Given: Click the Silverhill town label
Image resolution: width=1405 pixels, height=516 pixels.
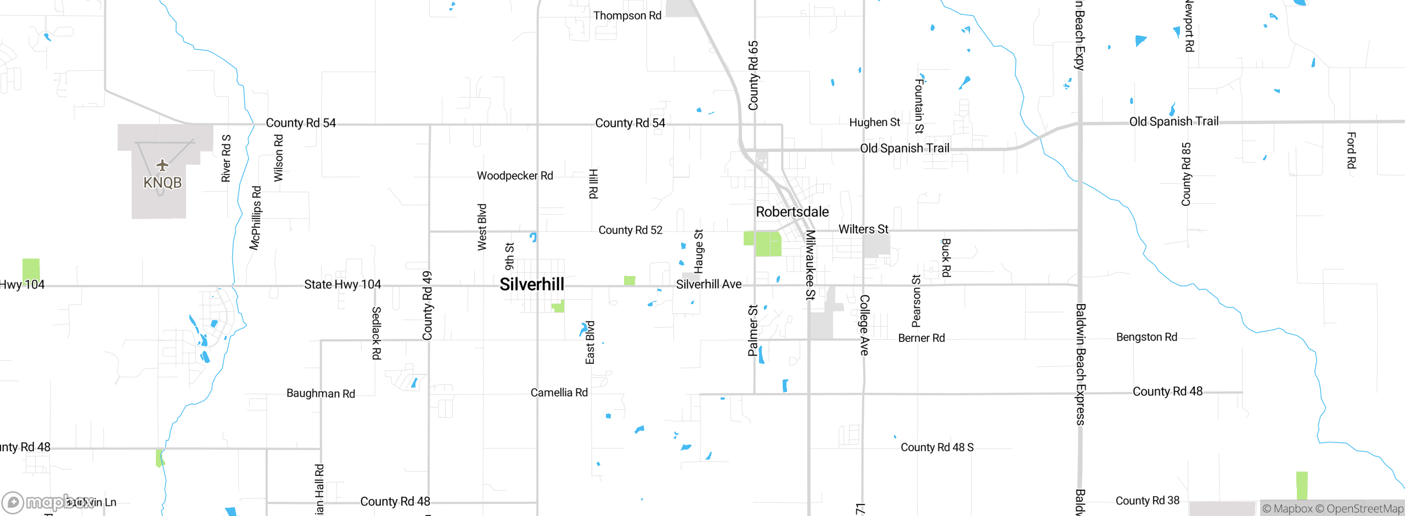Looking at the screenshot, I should tap(532, 284).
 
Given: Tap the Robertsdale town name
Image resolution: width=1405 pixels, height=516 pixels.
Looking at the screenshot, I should tap(792, 212).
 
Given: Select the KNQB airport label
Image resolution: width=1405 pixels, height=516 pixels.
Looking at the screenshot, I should tap(162, 183).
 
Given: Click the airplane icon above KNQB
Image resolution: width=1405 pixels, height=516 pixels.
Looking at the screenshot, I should tap(162, 165).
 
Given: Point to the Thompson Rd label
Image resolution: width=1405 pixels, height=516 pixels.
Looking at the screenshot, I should tap(627, 16).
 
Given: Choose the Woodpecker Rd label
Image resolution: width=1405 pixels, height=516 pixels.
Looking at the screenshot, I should tap(515, 176).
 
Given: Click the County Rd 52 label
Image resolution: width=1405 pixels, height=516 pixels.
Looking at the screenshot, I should tap(630, 230).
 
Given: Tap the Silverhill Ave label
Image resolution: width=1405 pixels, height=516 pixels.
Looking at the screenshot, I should tap(709, 284).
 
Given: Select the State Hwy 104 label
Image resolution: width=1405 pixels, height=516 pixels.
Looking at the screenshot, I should tap(342, 284).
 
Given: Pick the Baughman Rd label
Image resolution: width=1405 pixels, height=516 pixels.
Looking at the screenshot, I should tap(321, 394).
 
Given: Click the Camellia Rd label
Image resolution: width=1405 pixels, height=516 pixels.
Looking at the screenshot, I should tap(559, 392).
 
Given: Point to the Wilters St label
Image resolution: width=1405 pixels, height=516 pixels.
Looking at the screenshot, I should tap(863, 229).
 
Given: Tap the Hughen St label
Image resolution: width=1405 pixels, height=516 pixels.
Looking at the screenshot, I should tap(874, 122).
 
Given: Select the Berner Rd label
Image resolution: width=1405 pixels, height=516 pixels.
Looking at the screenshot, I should tap(921, 338).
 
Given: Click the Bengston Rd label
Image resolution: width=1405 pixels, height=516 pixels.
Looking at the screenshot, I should tap(1147, 337).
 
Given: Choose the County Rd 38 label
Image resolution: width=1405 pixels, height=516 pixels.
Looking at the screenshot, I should tap(1147, 501).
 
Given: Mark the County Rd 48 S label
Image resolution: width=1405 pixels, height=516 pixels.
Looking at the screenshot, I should tap(937, 447).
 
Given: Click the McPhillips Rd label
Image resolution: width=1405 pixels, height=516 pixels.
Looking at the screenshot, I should tap(256, 218).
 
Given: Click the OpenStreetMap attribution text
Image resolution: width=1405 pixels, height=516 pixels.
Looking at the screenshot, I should tap(1364, 509).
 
